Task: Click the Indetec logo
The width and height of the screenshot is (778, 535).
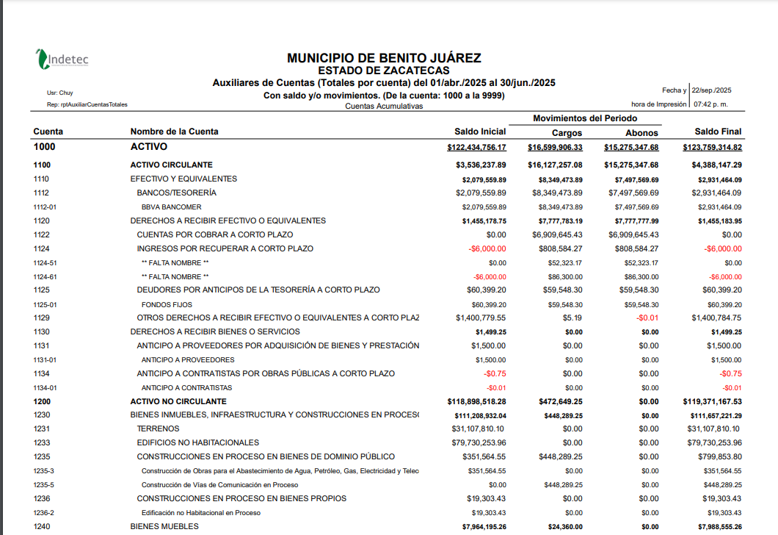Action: coord(63,59)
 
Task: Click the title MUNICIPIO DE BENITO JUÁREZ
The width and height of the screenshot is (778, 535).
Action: coord(384,58)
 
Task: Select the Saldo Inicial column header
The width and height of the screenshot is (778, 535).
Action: coord(480,132)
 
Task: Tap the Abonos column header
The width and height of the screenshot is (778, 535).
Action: coord(641,133)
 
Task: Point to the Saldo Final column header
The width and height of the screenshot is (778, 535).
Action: coord(718,132)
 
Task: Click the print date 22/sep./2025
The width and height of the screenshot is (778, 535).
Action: coord(712,90)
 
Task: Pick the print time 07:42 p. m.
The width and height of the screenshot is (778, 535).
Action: coord(712,104)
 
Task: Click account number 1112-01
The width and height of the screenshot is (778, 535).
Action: coord(45,207)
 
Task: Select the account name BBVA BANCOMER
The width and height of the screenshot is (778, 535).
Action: coord(171,207)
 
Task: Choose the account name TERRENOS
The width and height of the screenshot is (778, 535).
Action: coord(159,429)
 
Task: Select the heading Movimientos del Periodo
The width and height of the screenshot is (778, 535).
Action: coord(585,118)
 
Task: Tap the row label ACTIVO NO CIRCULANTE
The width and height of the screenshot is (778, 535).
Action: coord(178,402)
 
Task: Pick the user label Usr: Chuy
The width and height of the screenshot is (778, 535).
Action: coord(59,93)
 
